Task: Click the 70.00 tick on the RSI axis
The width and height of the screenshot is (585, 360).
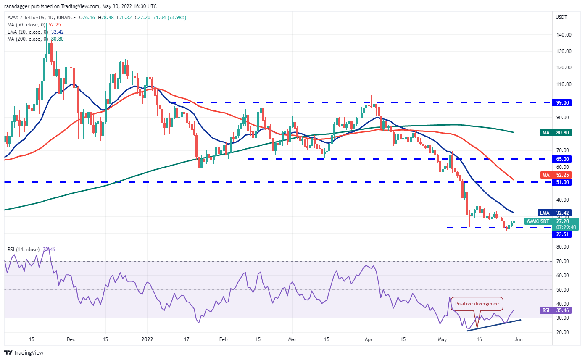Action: click(563, 261)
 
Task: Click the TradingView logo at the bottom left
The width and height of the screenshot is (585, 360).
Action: click(24, 352)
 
